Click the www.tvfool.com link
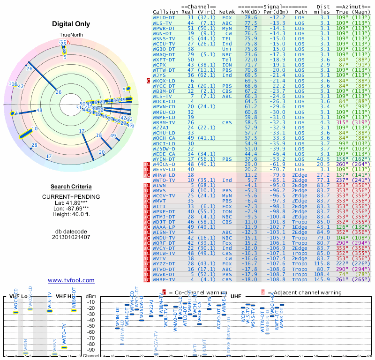pos(71,280)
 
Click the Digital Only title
pos(71,24)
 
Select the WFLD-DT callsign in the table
pos(164,17)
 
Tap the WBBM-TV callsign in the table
pos(164,122)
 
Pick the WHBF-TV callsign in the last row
pos(164,279)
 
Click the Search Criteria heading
pos(71,187)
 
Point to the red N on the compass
pos(69,42)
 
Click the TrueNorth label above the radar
pos(71,36)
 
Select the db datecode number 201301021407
pos(71,237)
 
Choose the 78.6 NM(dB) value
pos(250,17)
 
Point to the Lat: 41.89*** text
pos(71,202)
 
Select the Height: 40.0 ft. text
pos(71,215)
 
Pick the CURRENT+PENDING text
pos(71,196)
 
